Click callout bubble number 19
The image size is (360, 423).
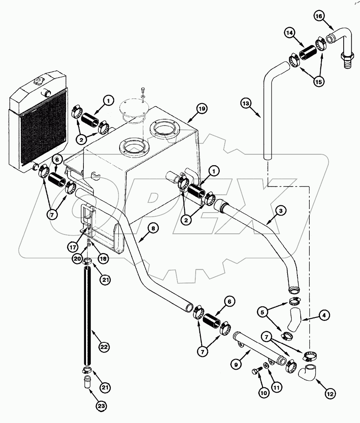pos(202,108)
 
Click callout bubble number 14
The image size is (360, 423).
pos(290,33)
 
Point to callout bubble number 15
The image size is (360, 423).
pos(319,82)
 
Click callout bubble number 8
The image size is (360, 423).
pos(153,229)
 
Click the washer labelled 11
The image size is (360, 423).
pos(266,365)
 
